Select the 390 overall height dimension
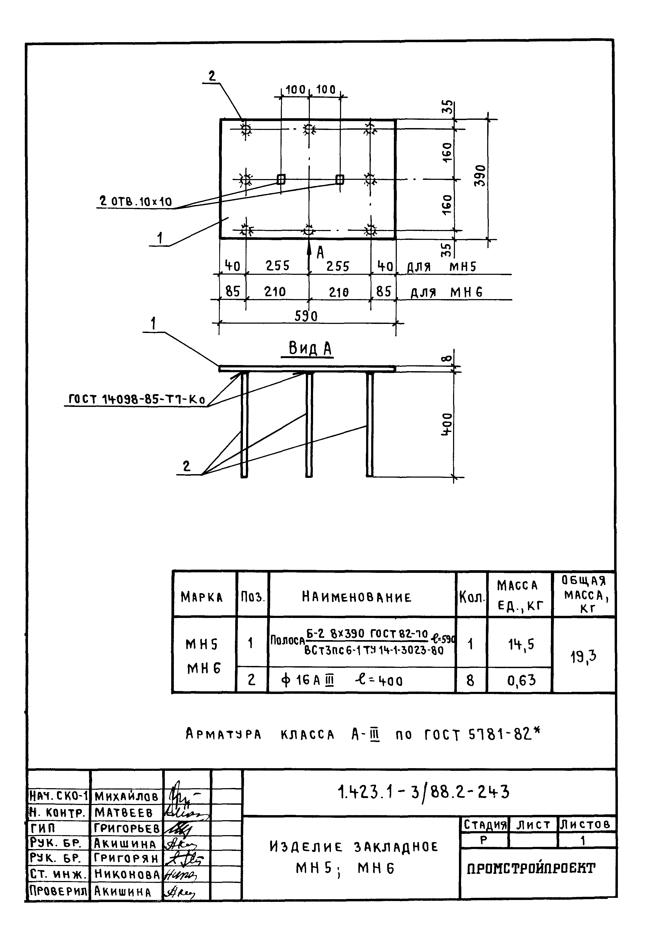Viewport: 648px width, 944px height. [480, 176]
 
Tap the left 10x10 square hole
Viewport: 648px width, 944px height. [281, 179]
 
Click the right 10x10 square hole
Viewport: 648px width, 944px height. [340, 179]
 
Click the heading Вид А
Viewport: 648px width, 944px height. [310, 348]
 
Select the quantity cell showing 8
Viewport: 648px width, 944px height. [471, 680]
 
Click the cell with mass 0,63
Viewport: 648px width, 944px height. [520, 680]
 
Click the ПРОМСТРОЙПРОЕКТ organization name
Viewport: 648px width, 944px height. [531, 868]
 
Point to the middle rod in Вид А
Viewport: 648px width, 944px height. [309, 425]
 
